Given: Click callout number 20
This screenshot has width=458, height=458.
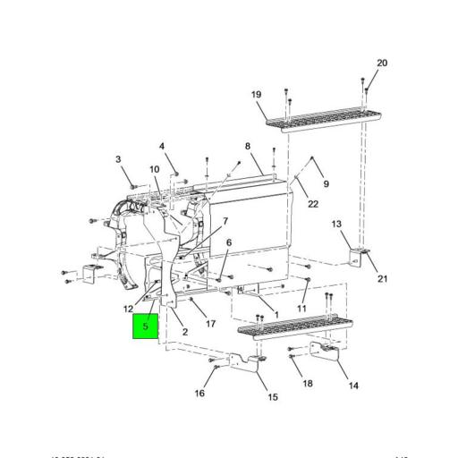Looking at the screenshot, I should coord(382,64).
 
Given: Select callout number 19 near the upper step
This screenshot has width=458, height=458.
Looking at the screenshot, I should coord(256,95).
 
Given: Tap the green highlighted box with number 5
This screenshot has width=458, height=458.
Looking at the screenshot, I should coord(145,327).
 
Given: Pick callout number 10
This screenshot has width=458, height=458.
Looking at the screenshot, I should coord(154,169).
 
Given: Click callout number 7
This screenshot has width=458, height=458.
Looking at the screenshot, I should coord(225,221).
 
